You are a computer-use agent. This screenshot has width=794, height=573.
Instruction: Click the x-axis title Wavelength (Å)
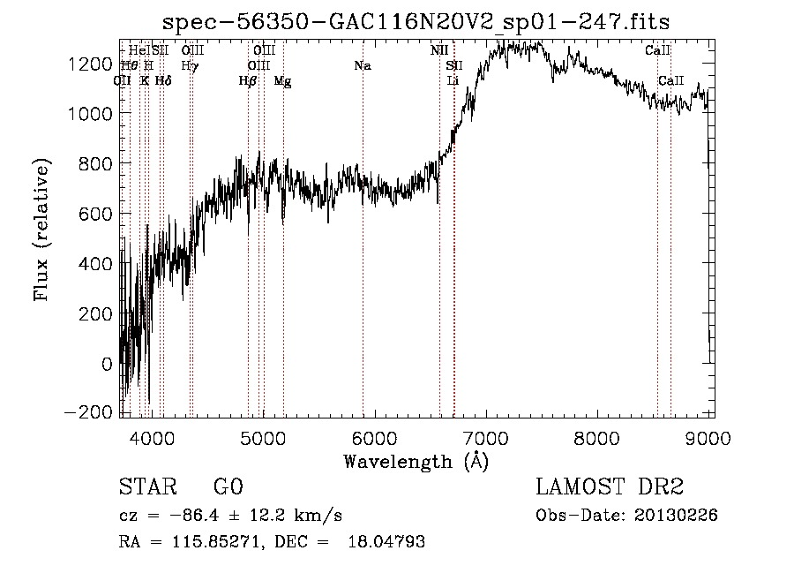coord(416,461)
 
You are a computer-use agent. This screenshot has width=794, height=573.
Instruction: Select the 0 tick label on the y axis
coord(107,364)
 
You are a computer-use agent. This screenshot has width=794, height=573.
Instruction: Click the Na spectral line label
coord(362,65)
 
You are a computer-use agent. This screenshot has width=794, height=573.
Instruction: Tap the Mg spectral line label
coord(282,81)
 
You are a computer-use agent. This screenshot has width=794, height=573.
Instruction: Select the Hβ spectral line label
coord(248,81)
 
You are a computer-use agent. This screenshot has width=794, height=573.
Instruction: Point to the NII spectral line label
coord(439,50)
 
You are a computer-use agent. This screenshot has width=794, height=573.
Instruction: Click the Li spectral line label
coord(453,81)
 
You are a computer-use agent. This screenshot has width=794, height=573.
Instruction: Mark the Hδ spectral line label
coord(163,81)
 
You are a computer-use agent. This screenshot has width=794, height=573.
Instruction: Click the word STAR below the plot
coord(146,487)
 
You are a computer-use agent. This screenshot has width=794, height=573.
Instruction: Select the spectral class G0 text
coord(228,487)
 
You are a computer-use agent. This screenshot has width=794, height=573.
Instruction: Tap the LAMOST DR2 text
coord(610,487)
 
